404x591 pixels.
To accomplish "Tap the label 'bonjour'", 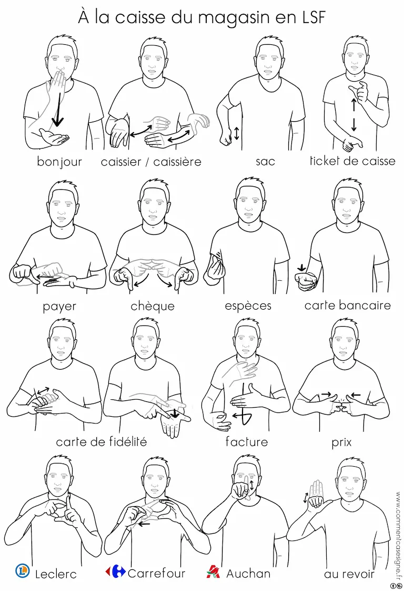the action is [59, 162].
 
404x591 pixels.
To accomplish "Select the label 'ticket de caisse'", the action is [352, 161].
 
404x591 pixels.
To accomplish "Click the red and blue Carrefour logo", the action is [115, 572].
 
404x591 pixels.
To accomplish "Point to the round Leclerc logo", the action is [23, 571].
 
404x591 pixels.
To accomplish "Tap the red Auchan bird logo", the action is [213, 572].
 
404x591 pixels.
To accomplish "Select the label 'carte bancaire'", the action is [348, 305].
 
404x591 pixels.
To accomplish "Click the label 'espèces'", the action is [248, 306].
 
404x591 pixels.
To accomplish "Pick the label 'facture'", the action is [247, 441].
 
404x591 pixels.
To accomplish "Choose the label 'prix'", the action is [341, 442].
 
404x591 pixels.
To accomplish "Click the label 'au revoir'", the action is [349, 574].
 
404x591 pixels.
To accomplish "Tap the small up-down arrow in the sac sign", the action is [236, 133].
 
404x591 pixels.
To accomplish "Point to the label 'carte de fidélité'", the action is [102, 441].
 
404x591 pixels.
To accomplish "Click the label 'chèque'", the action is [153, 306].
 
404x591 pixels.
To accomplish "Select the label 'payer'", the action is [59, 307].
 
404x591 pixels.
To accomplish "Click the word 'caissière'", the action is [177, 162].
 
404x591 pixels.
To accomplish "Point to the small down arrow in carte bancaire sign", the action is [301, 268].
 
